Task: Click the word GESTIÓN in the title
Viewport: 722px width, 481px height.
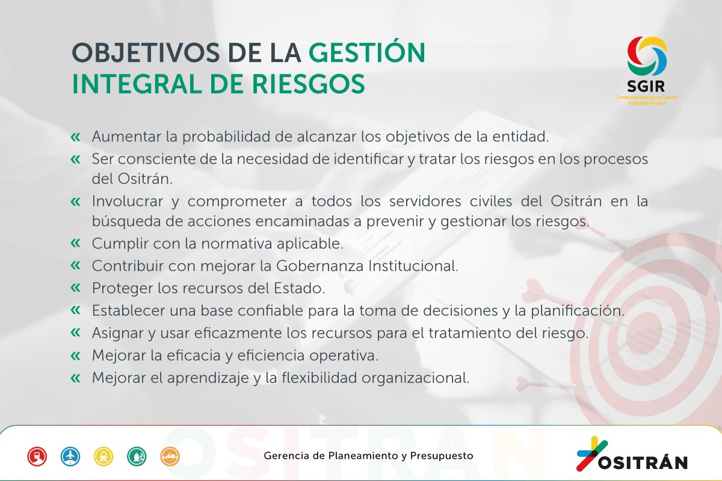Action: (x=367, y=52)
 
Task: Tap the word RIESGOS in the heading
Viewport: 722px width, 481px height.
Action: (x=308, y=84)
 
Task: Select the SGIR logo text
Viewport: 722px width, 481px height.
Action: (x=646, y=86)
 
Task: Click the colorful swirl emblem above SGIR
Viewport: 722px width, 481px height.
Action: (x=647, y=56)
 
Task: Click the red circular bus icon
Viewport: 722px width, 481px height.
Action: (x=37, y=456)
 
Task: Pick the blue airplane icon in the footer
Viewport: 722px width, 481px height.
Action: (x=70, y=456)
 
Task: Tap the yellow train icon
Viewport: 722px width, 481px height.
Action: (x=103, y=456)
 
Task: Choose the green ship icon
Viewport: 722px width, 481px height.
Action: (x=137, y=456)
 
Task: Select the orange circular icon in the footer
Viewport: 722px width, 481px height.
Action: (x=170, y=456)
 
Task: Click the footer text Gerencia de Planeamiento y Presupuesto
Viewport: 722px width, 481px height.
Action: (x=368, y=456)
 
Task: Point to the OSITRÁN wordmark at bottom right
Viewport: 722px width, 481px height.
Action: (x=643, y=462)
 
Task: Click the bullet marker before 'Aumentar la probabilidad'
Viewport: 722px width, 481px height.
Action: (x=75, y=137)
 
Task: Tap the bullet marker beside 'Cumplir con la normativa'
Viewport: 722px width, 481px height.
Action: (x=75, y=243)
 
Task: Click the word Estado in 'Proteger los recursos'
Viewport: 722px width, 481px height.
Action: (x=300, y=288)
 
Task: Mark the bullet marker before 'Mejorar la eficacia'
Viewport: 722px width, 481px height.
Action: (x=75, y=355)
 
